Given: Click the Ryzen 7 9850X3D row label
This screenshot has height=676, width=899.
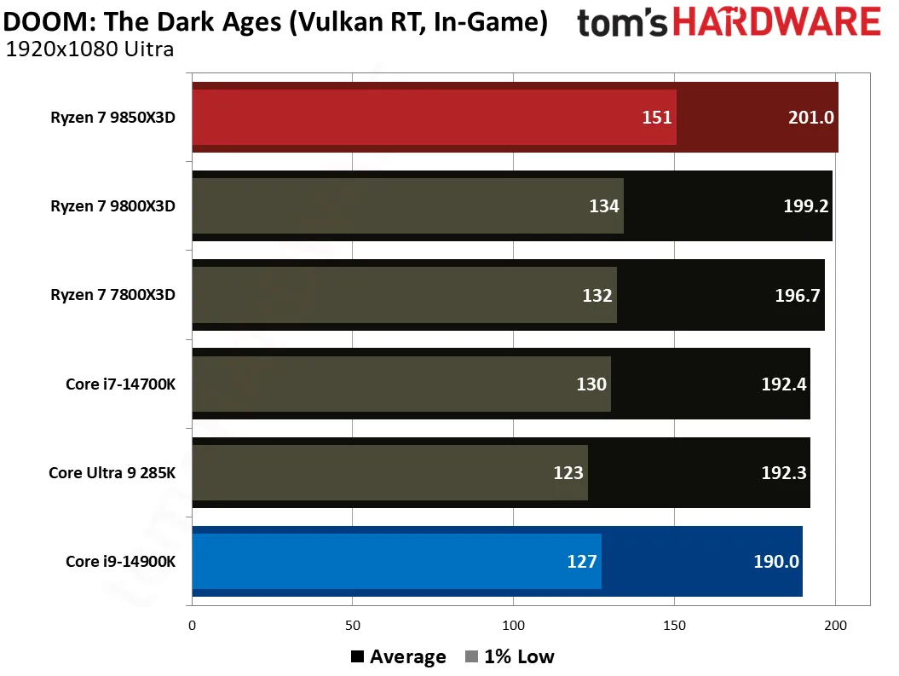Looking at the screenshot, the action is (113, 118).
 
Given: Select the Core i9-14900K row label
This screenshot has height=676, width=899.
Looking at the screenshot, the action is (120, 561).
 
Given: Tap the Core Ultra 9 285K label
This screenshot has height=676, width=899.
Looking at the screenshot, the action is (112, 472).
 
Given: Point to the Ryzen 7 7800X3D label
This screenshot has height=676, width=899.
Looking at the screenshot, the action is (113, 295).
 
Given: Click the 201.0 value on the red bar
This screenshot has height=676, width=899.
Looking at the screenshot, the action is (810, 118).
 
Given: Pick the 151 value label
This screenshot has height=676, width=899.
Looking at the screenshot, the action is (656, 118).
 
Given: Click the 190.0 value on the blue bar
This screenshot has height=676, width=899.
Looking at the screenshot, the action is (775, 561).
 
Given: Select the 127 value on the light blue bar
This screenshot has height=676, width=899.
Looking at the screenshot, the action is (582, 561).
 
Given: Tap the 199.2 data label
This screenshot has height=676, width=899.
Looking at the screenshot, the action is (805, 205).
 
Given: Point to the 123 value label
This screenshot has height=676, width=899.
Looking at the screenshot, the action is (568, 472).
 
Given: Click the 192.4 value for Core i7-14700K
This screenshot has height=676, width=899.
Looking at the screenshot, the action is (784, 384).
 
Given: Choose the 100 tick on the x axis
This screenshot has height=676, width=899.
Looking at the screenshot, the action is (513, 626).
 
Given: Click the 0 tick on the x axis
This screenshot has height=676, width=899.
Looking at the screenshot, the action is (192, 626).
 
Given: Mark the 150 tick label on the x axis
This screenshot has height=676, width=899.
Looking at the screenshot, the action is (674, 626).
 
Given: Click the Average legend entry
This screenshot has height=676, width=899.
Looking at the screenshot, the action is (399, 656).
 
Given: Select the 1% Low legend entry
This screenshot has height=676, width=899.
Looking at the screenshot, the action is (510, 656).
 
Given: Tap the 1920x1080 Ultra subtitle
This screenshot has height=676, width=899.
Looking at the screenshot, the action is (89, 49).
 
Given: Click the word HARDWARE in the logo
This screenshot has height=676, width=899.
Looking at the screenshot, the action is (776, 22).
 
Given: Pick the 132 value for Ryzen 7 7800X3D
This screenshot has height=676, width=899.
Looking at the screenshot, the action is (597, 295).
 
